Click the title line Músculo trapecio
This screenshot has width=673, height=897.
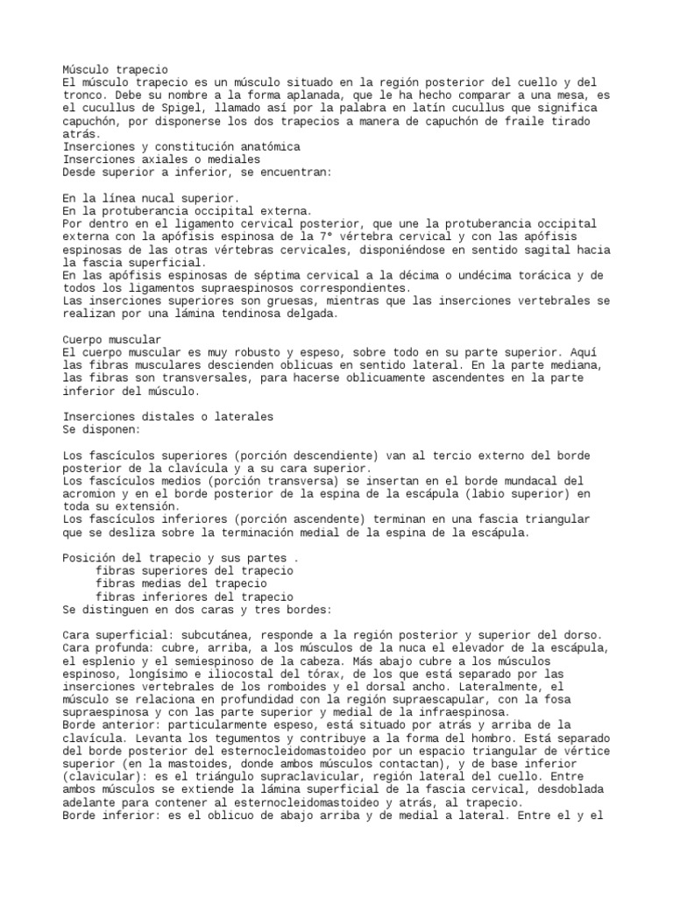point(116,69)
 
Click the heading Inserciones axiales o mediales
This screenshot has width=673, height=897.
point(162,159)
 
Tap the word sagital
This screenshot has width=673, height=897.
point(508,250)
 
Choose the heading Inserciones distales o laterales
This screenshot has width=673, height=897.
point(168,417)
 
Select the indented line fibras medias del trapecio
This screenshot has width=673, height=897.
point(181,583)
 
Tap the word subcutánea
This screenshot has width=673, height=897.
point(216,633)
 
